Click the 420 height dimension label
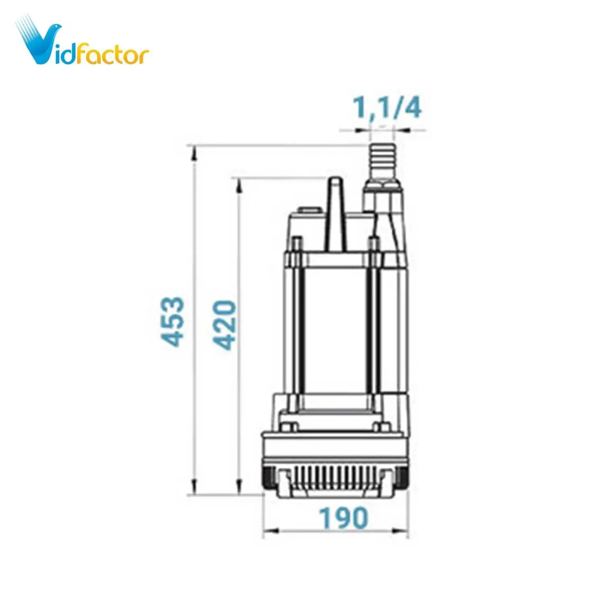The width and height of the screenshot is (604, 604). click(224, 325)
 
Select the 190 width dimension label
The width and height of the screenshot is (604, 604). click(343, 518)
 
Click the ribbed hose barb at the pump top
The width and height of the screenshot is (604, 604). click(382, 161)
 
